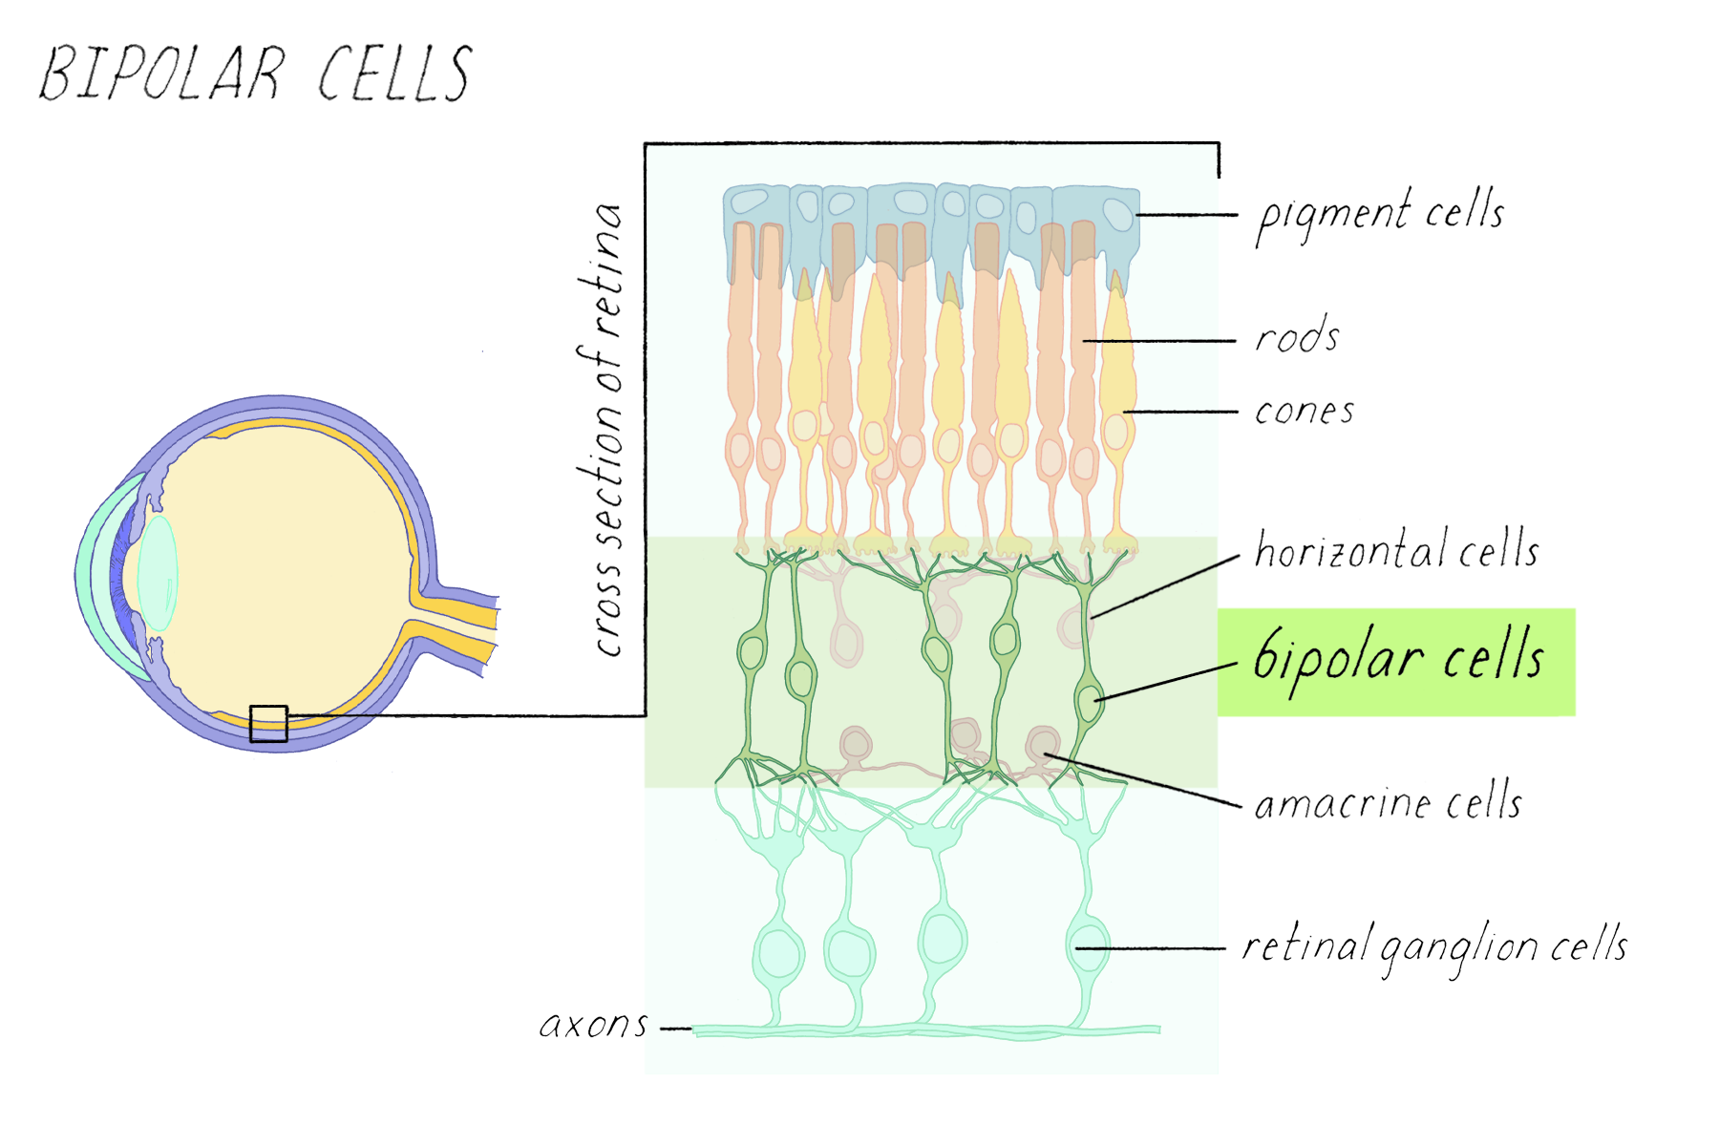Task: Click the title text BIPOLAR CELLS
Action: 256,74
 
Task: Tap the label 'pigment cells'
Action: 1379,215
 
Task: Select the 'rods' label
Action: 1297,337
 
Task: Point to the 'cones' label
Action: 1304,412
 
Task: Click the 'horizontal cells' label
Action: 1396,551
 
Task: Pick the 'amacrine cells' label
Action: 1388,803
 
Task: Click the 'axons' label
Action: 594,1026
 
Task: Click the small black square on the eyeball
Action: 268,724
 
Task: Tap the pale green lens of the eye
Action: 158,573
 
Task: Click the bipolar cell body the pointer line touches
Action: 1088,702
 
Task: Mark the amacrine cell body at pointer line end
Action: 1042,743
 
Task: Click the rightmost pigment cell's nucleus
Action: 1115,215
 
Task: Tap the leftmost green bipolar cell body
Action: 752,652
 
